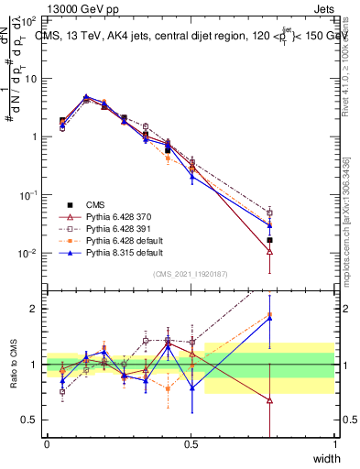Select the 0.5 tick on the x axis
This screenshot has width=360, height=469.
[191, 443]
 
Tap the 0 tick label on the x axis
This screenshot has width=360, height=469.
[47, 443]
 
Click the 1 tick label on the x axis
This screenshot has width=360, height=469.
[334, 443]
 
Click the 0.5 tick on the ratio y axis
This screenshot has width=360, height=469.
[33, 420]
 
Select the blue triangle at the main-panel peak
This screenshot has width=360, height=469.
[86, 96]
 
